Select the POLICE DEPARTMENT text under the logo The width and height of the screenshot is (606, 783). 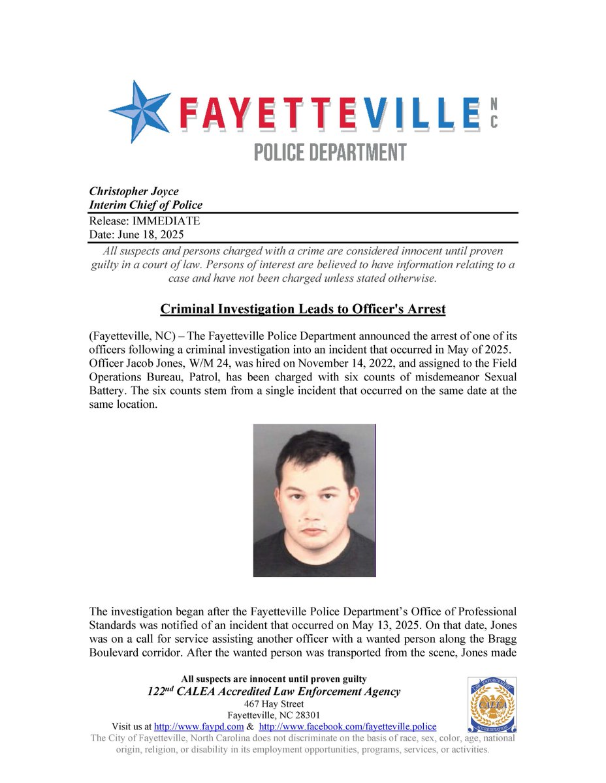pos(330,153)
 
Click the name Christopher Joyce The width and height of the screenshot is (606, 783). pos(134,192)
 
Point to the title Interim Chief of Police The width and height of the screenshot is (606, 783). pos(145,206)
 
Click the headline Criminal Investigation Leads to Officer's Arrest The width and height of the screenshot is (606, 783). pos(303,309)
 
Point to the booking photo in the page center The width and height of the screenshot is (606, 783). pos(314,500)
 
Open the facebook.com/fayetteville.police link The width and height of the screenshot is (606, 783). pos(347,727)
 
